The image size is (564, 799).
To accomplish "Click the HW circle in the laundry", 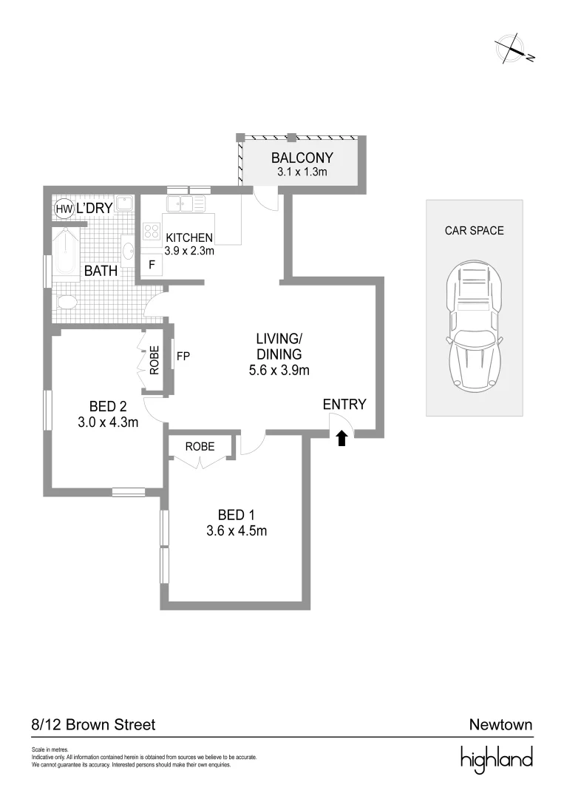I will tap(64, 209).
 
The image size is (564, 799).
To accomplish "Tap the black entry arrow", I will tap(342, 439).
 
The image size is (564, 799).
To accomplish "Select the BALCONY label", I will tap(302, 158).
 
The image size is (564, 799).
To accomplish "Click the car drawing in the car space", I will tap(474, 328).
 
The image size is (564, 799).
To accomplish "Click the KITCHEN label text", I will tap(189, 237).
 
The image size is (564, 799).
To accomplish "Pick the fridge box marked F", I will tap(152, 265).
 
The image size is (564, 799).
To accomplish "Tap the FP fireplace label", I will tap(183, 356).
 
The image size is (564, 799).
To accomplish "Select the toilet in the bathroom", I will tap(66, 303).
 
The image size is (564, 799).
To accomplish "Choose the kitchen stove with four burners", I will tap(152, 230).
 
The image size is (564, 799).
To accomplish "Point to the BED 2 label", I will tap(108, 406).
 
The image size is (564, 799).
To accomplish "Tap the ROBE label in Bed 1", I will tap(200, 447).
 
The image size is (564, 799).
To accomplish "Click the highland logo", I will tap(496, 759).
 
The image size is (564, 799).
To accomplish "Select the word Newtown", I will tap(500, 724).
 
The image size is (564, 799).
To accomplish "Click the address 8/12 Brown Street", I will tap(94, 724).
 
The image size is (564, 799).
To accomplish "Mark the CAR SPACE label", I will tap(474, 231).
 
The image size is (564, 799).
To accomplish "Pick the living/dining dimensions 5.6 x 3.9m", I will tap(279, 370).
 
